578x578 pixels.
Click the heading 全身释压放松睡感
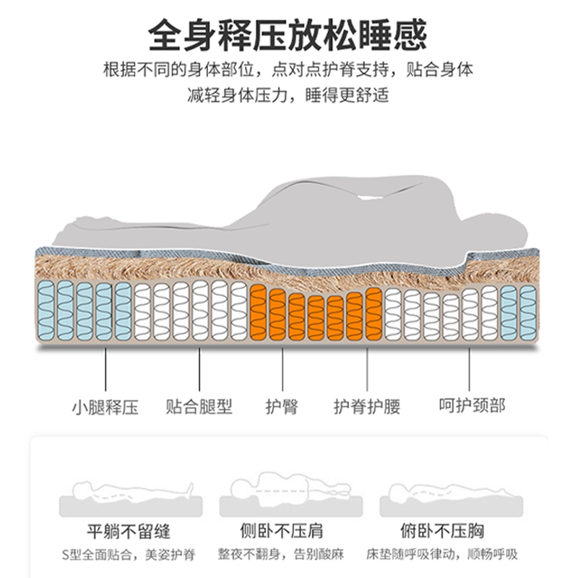288,34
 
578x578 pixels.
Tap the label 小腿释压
105,406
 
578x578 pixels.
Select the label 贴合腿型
199,406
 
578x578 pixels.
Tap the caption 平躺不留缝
128,532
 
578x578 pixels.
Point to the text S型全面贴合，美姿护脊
128,556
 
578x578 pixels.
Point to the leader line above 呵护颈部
470,369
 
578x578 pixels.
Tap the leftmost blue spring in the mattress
46,311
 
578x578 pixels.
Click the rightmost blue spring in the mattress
528,312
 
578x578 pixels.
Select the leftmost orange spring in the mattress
259,312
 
